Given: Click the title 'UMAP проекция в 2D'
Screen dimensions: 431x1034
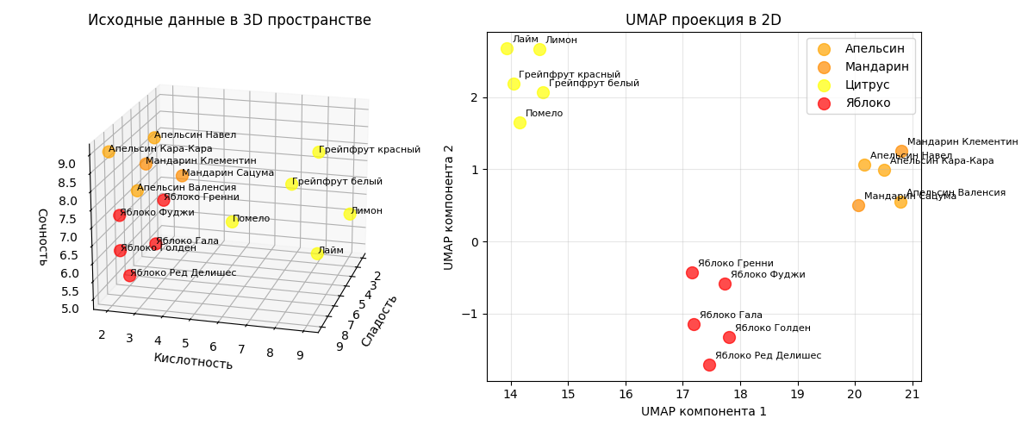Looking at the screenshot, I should point(703,20).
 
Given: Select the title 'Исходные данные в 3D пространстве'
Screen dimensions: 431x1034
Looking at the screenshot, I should point(229,20).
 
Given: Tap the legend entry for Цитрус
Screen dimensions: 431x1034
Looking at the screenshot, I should point(867,85).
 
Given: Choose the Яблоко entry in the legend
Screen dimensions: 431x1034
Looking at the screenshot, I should point(868,103).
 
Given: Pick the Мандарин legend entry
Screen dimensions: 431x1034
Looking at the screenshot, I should point(876,67).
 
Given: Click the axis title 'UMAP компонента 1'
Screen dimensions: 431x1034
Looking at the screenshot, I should point(703,412).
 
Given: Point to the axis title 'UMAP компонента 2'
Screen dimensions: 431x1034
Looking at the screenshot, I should point(449,207).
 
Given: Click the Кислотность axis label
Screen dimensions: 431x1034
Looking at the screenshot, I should point(193,361).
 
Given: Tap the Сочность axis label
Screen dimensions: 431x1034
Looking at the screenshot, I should point(42,236).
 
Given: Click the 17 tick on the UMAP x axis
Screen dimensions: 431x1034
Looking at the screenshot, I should point(682,395).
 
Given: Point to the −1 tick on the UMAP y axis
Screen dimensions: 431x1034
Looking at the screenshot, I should point(469,314).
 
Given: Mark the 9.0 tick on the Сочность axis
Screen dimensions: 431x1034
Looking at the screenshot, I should point(66,165).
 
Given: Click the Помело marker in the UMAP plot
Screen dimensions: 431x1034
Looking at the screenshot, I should point(520,122).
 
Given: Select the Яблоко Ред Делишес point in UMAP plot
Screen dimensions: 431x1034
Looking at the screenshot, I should point(709,365).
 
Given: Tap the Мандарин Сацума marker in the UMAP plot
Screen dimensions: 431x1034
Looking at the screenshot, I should point(858,205).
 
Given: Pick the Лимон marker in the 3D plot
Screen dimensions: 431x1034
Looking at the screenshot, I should point(349,214).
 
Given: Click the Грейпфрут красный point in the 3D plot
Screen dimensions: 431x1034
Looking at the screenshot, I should point(318,152).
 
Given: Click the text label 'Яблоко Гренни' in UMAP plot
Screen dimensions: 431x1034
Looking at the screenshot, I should point(735,264).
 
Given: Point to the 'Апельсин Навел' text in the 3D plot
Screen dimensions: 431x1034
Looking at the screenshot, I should point(195,135).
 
